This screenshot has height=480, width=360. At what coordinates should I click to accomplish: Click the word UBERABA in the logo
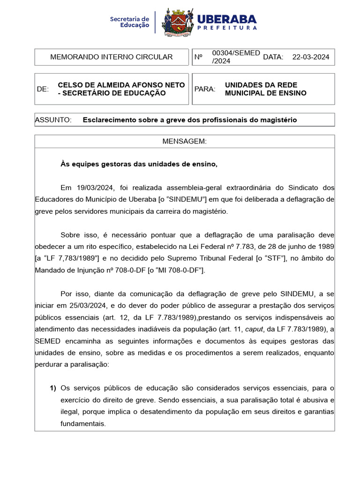click(x=227, y=19)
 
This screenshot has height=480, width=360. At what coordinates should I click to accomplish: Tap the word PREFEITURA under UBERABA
click(x=227, y=28)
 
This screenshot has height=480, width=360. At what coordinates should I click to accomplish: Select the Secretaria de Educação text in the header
click(x=129, y=22)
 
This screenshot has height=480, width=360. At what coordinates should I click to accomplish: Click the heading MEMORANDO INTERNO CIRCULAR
click(x=112, y=57)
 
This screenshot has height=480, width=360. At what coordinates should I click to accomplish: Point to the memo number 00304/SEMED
click(x=236, y=53)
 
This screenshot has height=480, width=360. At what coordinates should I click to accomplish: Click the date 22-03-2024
click(x=311, y=57)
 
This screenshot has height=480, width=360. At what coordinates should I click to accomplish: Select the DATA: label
click(x=273, y=57)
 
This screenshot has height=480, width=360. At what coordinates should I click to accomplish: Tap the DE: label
click(x=43, y=89)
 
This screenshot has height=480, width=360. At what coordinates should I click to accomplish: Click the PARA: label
click(x=205, y=89)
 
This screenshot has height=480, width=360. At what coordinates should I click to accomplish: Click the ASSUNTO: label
click(x=53, y=120)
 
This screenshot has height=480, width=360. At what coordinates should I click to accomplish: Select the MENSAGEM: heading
click(x=184, y=142)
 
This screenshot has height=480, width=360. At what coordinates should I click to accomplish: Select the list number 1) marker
click(x=53, y=388)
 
